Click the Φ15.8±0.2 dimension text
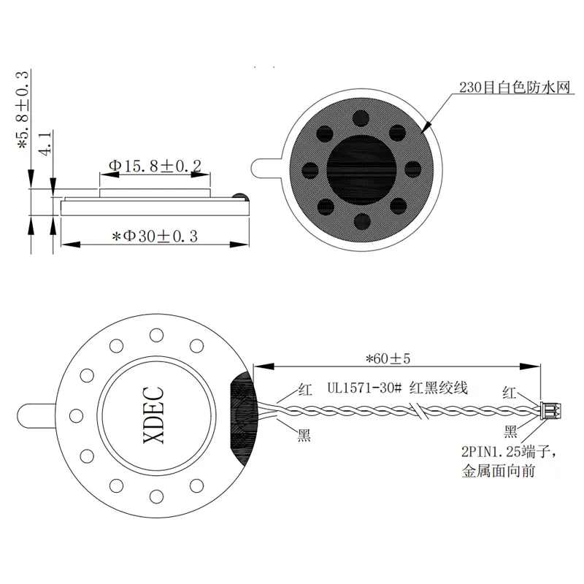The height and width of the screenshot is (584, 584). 155,166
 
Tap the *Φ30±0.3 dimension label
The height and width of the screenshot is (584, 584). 155,236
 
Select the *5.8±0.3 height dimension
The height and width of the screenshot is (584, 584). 23,110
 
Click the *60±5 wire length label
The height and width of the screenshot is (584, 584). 388,358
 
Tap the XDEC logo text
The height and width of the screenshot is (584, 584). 153,415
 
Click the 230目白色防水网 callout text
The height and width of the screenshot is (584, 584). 515,88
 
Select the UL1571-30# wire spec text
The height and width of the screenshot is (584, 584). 364,388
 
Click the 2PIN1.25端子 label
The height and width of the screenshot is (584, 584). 509,452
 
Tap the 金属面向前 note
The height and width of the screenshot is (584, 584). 499,471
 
